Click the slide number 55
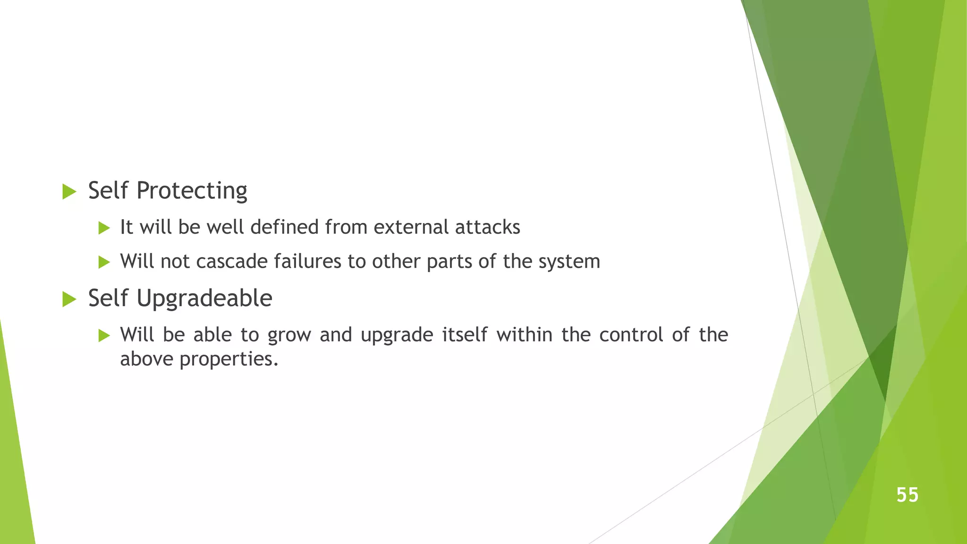tap(907, 495)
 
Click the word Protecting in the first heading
tap(191, 191)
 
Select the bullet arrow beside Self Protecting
tap(69, 191)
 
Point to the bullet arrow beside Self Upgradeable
tap(69, 299)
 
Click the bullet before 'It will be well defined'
tap(104, 228)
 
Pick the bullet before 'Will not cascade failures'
tap(104, 262)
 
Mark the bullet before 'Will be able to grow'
tap(104, 336)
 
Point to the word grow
tap(289, 335)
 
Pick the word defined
tap(284, 227)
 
